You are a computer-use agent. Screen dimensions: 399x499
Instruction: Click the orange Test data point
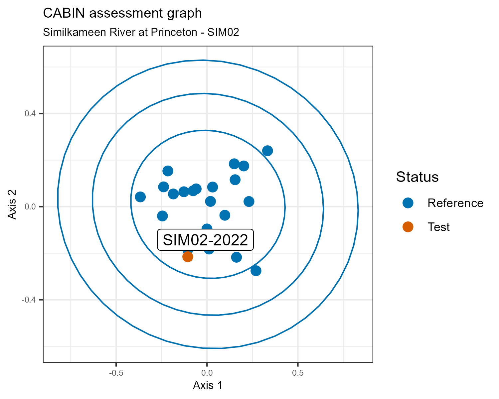(188, 256)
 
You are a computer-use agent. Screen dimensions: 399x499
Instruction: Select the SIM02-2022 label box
(206, 240)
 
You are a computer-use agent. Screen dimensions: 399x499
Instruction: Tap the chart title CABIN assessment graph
(122, 13)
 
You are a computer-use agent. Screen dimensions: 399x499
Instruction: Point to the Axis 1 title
(208, 385)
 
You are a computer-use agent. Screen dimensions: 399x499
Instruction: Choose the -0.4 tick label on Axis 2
(29, 300)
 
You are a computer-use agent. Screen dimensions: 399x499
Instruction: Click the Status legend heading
(417, 177)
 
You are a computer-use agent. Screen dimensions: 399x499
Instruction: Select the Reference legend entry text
(455, 203)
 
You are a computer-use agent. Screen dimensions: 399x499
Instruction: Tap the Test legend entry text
(438, 227)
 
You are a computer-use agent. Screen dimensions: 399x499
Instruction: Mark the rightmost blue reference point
(267, 151)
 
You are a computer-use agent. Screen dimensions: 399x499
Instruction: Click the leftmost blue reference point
(140, 197)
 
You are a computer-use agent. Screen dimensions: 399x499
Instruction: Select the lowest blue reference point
(256, 271)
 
